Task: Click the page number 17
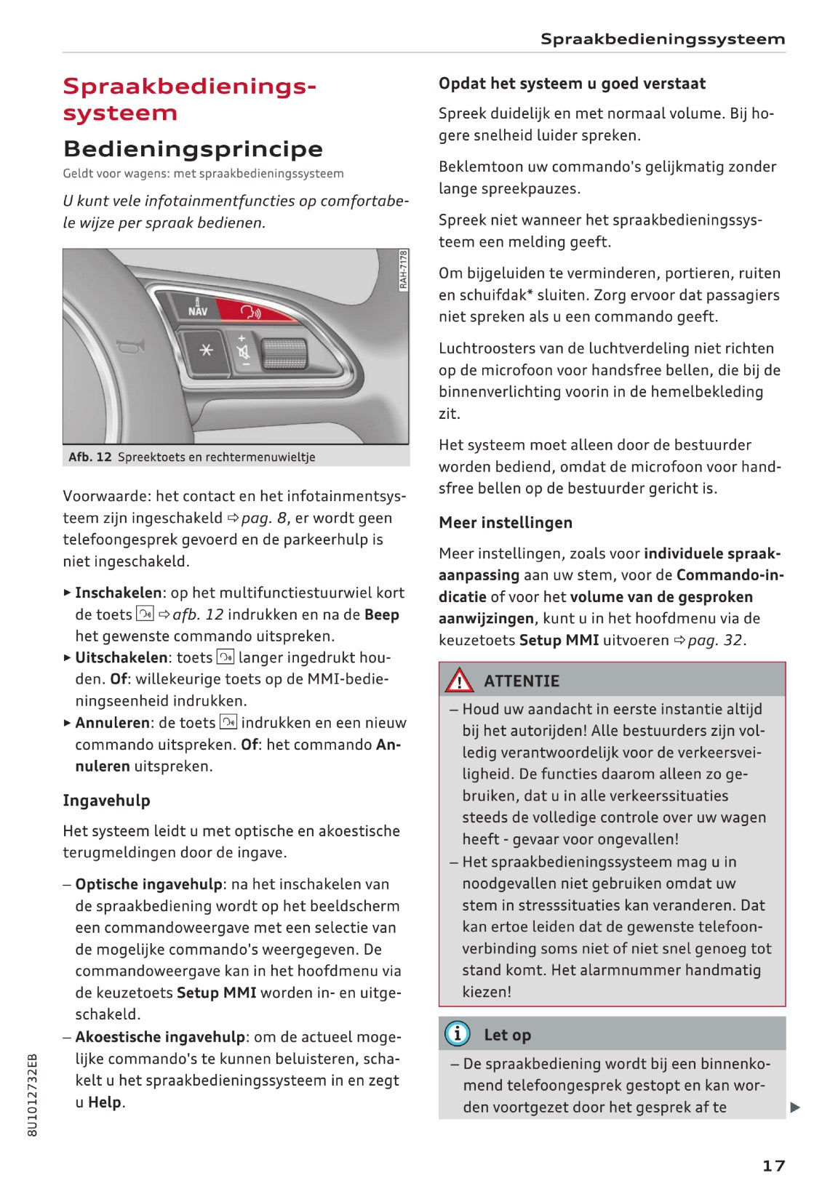[x=773, y=1166]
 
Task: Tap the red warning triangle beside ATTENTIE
[x=459, y=681]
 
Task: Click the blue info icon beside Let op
[x=457, y=1033]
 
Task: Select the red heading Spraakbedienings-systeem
[x=190, y=100]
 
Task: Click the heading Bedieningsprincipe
[x=193, y=149]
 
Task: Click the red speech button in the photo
[x=251, y=312]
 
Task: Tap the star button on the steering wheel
[x=206, y=350]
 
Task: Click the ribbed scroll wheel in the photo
[x=283, y=353]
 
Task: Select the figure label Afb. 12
[x=89, y=457]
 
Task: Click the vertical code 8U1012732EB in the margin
[x=32, y=1094]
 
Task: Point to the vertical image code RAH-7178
[x=404, y=271]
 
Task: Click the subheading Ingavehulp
[x=106, y=801]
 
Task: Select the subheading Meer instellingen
[x=506, y=523]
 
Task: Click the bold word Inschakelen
[x=118, y=593]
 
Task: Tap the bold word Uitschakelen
[x=121, y=657]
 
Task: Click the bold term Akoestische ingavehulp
[x=160, y=1037]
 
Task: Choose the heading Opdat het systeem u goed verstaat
[x=572, y=84]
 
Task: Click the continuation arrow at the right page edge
[x=795, y=1107]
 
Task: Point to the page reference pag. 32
[x=715, y=641]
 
